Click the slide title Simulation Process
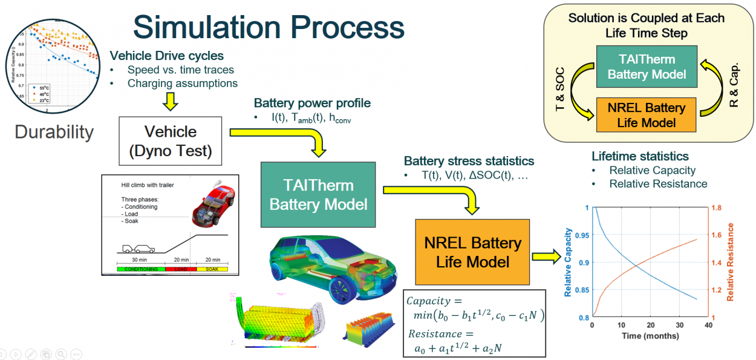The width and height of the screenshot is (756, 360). [x=269, y=27]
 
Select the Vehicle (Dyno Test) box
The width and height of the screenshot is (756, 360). [x=171, y=141]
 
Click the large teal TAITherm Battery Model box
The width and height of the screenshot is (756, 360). [x=318, y=194]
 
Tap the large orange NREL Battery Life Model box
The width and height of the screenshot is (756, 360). [x=472, y=252]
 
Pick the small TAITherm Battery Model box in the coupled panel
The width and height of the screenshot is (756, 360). [x=647, y=67]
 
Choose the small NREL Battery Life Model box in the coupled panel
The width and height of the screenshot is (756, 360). [x=647, y=115]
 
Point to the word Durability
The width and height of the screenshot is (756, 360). [x=54, y=132]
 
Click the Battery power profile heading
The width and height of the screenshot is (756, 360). [x=312, y=103]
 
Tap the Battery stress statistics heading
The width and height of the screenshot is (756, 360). [x=469, y=161]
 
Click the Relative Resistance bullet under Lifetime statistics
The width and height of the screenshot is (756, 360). [x=658, y=183]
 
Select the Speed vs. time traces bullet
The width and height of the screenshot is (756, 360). [x=180, y=70]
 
